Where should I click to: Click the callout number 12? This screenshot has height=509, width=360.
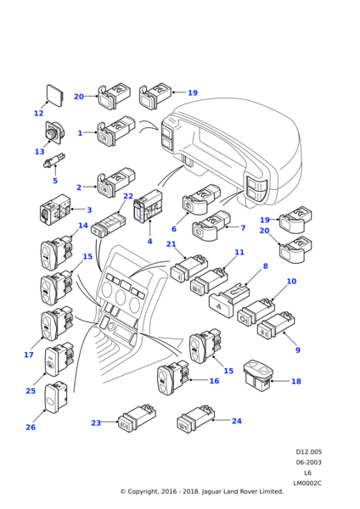coord(39,113)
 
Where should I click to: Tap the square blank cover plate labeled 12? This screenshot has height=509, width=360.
coord(55,94)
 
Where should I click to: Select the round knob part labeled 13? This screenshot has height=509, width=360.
coord(54,132)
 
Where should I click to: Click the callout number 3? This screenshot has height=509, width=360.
coord(89,210)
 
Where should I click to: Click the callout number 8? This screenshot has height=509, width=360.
coord(266,266)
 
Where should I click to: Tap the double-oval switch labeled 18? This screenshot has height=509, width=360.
coord(259,375)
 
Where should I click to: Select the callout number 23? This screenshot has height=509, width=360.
coord(96,422)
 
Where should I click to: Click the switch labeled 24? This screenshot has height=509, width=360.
coord(196,419)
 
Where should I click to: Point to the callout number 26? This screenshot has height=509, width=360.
coord(31,427)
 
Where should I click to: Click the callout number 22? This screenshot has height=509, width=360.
coord(128,196)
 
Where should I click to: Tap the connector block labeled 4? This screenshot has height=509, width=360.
coord(148,207)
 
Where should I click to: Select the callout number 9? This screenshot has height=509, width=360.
coord(298,350)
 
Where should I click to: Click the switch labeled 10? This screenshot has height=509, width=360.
coord(256,310)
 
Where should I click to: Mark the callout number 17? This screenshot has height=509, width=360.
coord(29,355)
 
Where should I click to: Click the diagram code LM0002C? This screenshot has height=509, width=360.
coord(307,483)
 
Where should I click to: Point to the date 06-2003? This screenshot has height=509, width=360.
coord(308,462)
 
